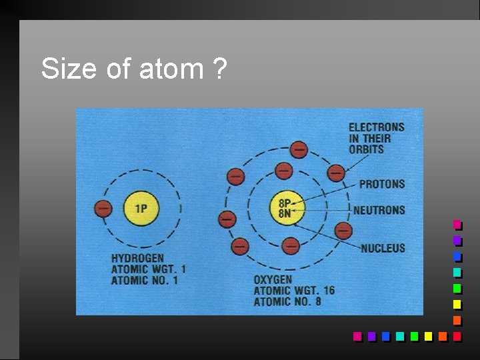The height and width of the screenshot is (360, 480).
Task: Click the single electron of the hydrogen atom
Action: [x=103, y=208]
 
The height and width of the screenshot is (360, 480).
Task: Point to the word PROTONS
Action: [x=381, y=184]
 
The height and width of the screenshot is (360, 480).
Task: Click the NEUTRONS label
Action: [x=379, y=210]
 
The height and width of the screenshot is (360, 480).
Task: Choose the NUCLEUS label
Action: [x=383, y=248]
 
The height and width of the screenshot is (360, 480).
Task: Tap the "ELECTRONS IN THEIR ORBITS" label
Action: [x=376, y=138]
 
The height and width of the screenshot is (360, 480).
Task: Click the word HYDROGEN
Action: [x=137, y=258]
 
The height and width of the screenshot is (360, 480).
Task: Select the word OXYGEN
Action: [x=273, y=280]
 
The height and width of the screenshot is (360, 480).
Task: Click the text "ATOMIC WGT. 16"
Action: [x=294, y=291]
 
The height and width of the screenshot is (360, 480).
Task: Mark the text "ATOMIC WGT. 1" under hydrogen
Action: [x=148, y=269]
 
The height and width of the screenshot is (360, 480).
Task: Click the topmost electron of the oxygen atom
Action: [x=299, y=150]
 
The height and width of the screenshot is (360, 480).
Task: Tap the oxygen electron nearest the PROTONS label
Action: [x=336, y=173]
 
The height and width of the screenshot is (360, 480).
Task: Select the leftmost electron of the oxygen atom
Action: [x=227, y=218]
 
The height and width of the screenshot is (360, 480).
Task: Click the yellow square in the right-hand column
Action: [x=457, y=305]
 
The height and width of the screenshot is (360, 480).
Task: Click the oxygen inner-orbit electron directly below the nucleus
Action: [x=290, y=246]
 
